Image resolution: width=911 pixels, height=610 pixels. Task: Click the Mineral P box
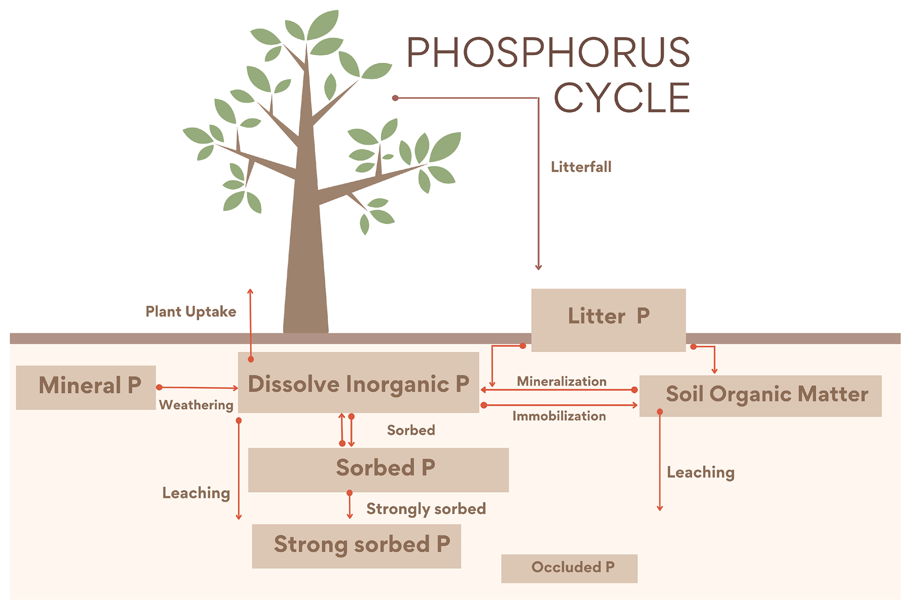pyautogui.click(x=86, y=387)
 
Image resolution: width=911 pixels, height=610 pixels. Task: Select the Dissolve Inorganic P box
pyautogui.click(x=358, y=382)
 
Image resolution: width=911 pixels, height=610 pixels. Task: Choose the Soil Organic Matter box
pyautogui.click(x=760, y=396)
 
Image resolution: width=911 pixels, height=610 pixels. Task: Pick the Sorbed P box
pyautogui.click(x=378, y=470)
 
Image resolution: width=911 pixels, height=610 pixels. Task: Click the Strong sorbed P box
pyautogui.click(x=356, y=546)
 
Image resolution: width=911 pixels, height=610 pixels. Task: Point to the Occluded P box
pyautogui.click(x=569, y=568)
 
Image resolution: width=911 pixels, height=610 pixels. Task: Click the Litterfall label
pyautogui.click(x=581, y=167)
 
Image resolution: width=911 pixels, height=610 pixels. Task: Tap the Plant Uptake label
pyautogui.click(x=191, y=311)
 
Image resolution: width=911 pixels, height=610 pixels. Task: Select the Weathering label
pyautogui.click(x=196, y=405)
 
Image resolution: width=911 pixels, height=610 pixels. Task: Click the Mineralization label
pyautogui.click(x=561, y=381)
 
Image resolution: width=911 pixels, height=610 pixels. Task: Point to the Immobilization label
pyautogui.click(x=559, y=416)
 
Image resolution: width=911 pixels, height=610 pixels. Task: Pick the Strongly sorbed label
pyautogui.click(x=426, y=509)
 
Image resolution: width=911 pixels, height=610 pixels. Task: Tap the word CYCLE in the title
pyautogui.click(x=621, y=98)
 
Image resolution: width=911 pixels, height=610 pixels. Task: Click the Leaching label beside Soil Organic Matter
pyautogui.click(x=700, y=472)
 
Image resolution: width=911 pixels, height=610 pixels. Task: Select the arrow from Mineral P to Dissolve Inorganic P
pyautogui.click(x=198, y=388)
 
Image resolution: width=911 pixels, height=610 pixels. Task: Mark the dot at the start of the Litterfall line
pyautogui.click(x=395, y=98)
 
